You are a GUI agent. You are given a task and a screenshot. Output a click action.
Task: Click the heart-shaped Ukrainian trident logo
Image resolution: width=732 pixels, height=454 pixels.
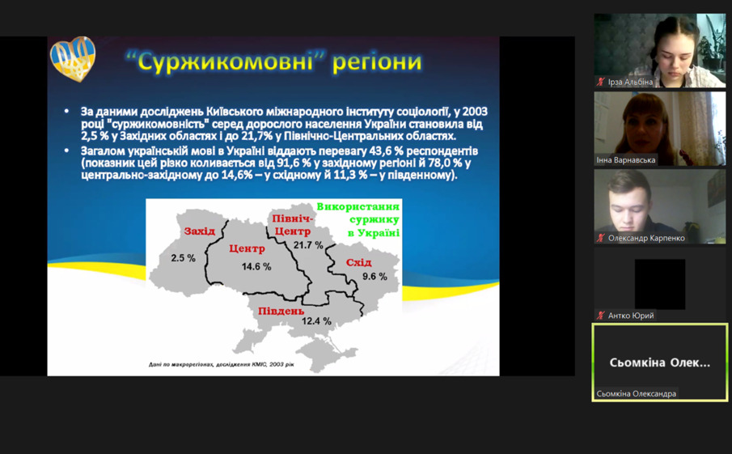tap(73, 59)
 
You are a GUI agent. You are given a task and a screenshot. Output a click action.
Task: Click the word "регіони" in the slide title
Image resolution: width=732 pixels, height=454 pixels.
tap(377, 62)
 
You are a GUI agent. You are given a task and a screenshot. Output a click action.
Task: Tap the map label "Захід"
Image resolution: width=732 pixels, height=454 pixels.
tap(199, 231)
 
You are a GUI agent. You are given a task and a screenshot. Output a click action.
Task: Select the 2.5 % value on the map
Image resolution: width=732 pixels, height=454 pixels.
tap(183, 258)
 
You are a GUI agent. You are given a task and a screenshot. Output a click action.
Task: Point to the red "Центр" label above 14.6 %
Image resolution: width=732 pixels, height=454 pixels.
tap(247, 248)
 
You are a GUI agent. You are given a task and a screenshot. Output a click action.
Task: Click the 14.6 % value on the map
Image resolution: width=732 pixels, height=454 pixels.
tap(256, 267)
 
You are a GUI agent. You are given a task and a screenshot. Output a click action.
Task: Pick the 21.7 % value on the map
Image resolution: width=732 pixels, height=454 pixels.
tap(308, 244)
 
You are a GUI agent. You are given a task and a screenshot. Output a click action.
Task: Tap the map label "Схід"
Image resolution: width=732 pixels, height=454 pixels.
tap(358, 262)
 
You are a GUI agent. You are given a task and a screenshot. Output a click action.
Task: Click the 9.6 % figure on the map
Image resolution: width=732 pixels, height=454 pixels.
tap(374, 277)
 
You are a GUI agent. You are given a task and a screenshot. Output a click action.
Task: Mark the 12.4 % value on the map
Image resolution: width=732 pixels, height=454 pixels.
tap(316, 321)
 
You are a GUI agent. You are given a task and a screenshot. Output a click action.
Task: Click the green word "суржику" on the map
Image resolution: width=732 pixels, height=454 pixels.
tap(374, 219)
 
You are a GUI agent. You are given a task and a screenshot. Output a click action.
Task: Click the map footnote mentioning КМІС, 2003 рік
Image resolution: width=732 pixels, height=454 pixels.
tap(222, 364)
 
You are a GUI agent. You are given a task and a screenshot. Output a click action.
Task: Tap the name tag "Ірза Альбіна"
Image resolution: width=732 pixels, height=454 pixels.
tap(630, 83)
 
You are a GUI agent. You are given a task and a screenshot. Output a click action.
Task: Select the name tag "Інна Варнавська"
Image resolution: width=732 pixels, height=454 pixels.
tap(626, 160)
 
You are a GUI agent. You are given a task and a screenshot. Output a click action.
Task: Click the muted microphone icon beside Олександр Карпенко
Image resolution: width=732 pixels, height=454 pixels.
tap(601, 238)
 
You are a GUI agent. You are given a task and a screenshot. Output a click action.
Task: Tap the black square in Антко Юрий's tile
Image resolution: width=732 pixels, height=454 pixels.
tap(660, 284)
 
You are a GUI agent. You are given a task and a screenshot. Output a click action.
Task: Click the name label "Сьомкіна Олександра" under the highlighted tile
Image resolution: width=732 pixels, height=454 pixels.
tap(637, 394)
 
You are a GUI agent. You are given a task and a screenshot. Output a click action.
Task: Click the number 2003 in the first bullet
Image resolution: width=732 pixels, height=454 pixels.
tap(476, 112)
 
